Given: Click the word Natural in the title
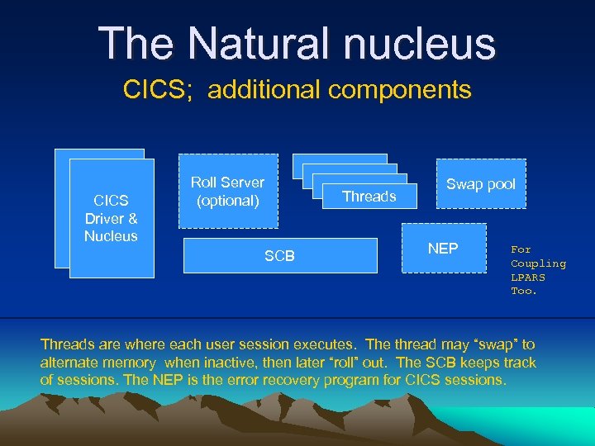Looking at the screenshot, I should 251,44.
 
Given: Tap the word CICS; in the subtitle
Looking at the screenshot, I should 157,89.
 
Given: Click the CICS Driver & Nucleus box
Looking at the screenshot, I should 111,218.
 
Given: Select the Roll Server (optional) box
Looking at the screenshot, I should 228,192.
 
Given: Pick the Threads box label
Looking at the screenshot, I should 369,197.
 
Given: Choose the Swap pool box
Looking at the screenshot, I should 480,184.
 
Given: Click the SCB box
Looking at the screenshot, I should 279,256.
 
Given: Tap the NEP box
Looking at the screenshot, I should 443,249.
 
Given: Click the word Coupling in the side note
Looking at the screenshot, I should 538,263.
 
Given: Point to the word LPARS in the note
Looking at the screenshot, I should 527,278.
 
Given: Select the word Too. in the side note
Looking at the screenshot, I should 524,291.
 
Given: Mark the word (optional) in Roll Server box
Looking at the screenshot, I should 228,201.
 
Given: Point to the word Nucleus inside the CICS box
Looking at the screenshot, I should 111,236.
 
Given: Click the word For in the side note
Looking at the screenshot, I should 521,249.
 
